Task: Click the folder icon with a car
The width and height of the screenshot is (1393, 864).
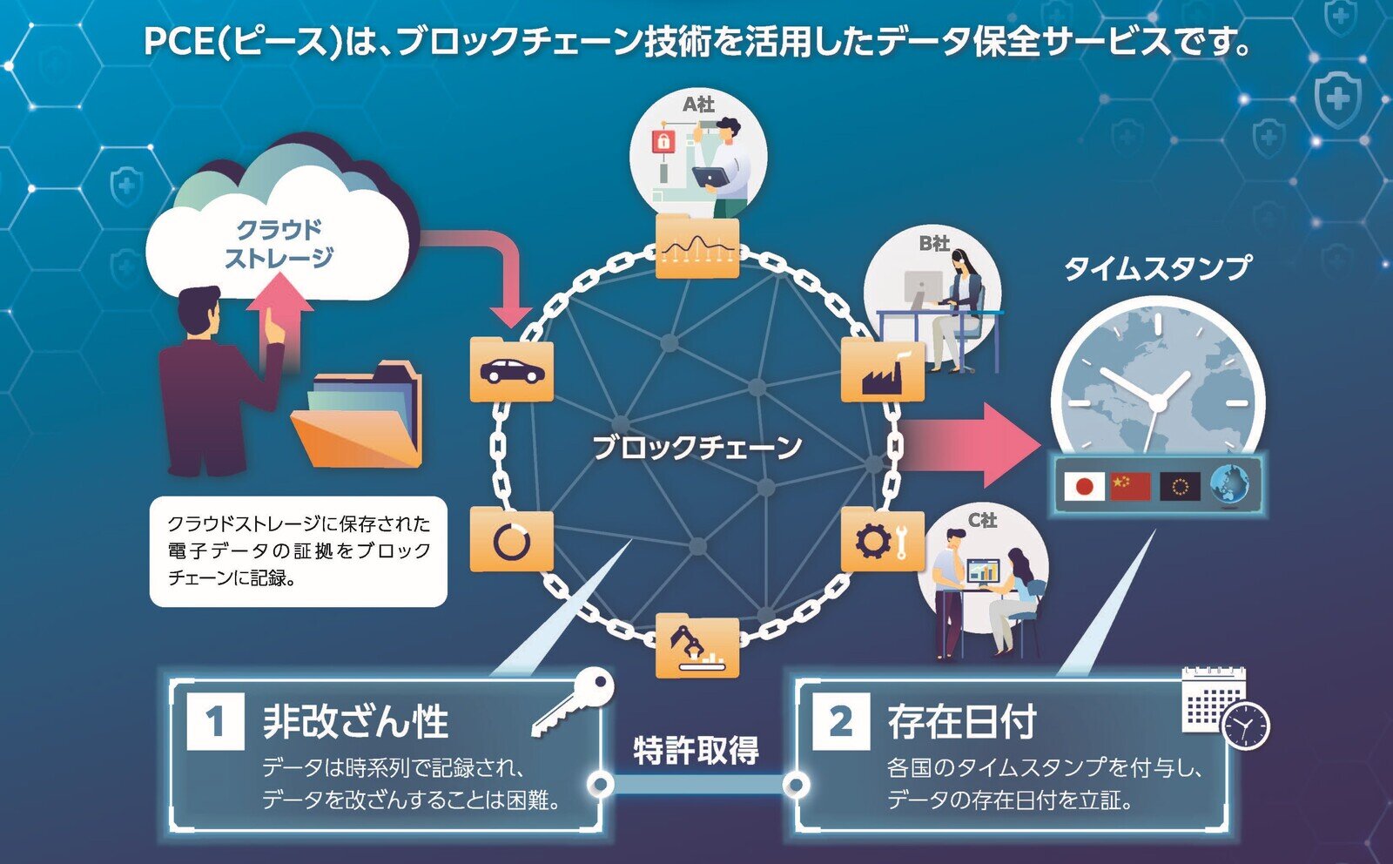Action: point(511,370)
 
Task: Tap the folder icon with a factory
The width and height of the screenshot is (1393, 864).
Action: point(882,372)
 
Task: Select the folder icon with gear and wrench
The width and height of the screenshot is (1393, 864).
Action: point(882,540)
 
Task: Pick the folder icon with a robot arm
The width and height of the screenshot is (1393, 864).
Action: point(696,646)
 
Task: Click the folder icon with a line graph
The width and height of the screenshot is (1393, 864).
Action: point(696,248)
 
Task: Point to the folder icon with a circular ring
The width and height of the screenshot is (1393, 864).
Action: point(511,541)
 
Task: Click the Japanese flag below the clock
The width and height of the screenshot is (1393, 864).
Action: point(1085,486)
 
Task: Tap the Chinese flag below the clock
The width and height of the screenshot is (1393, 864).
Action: point(1130,486)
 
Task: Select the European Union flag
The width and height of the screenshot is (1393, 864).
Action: point(1180,486)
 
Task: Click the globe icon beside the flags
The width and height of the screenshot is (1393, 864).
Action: point(1229,484)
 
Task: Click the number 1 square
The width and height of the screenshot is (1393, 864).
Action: point(215,721)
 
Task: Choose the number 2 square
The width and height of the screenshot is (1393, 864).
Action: point(840,721)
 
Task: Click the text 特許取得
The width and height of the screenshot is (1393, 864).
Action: point(696,750)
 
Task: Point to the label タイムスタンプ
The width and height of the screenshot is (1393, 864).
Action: point(1157,268)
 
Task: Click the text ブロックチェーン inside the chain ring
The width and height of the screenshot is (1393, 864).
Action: point(696,448)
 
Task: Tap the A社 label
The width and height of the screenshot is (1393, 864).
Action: point(698,105)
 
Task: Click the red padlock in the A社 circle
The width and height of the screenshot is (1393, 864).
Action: point(663,141)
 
